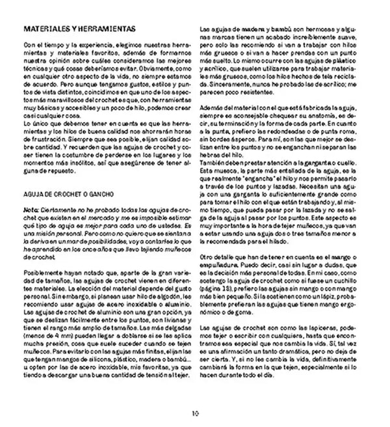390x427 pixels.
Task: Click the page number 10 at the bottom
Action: pos(194,413)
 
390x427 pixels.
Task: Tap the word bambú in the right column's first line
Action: pos(276,29)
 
